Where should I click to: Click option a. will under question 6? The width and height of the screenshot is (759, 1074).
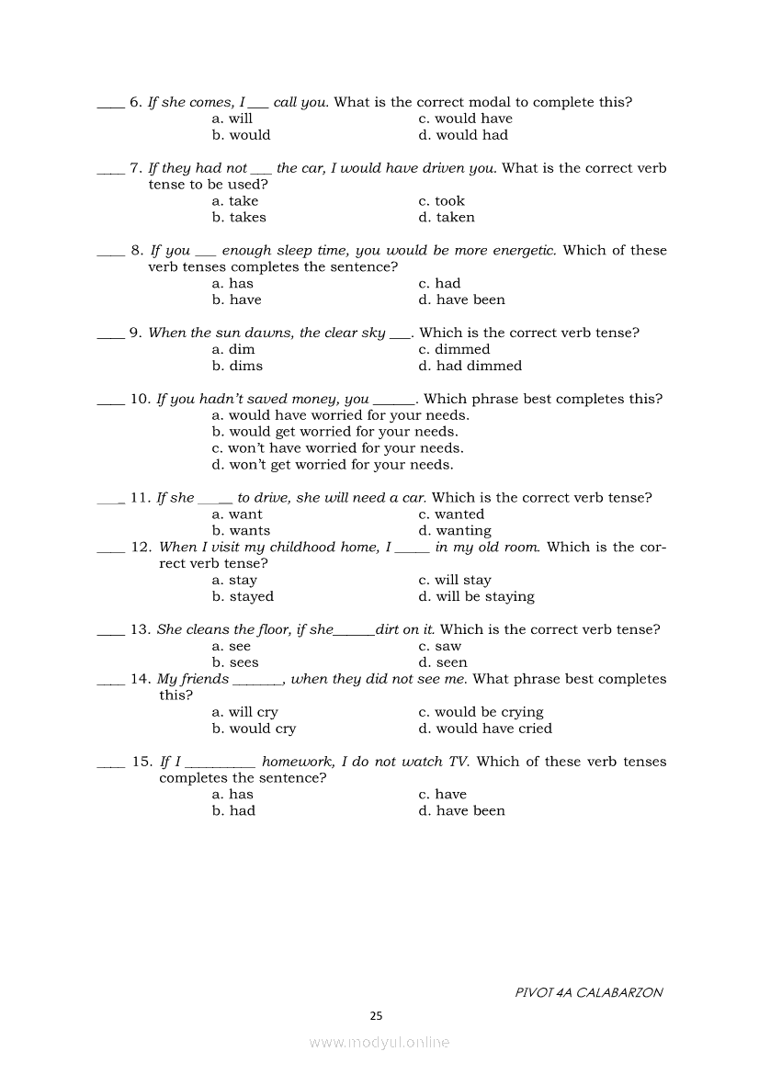click(x=232, y=119)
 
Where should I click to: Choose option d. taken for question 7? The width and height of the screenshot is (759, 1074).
click(x=447, y=218)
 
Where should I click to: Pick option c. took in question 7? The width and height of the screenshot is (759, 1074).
click(x=442, y=201)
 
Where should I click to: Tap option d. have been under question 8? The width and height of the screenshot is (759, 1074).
click(x=461, y=300)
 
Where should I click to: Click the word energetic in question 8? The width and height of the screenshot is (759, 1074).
click(x=522, y=251)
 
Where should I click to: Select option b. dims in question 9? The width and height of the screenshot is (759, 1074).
click(x=237, y=366)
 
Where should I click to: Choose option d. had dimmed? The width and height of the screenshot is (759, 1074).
click(x=470, y=366)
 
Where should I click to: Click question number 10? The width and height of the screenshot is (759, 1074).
click(x=140, y=400)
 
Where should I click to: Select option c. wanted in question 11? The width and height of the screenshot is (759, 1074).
click(x=451, y=514)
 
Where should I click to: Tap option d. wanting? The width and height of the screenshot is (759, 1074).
click(x=455, y=531)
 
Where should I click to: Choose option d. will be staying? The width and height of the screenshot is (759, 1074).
click(x=476, y=597)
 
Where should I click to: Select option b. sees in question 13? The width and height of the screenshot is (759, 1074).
click(x=235, y=662)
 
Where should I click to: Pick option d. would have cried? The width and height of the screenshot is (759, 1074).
click(x=485, y=729)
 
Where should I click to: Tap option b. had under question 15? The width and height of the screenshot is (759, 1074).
click(x=233, y=811)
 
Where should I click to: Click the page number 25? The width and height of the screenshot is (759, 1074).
click(x=376, y=1016)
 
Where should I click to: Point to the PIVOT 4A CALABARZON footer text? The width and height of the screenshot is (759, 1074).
click(x=589, y=992)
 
